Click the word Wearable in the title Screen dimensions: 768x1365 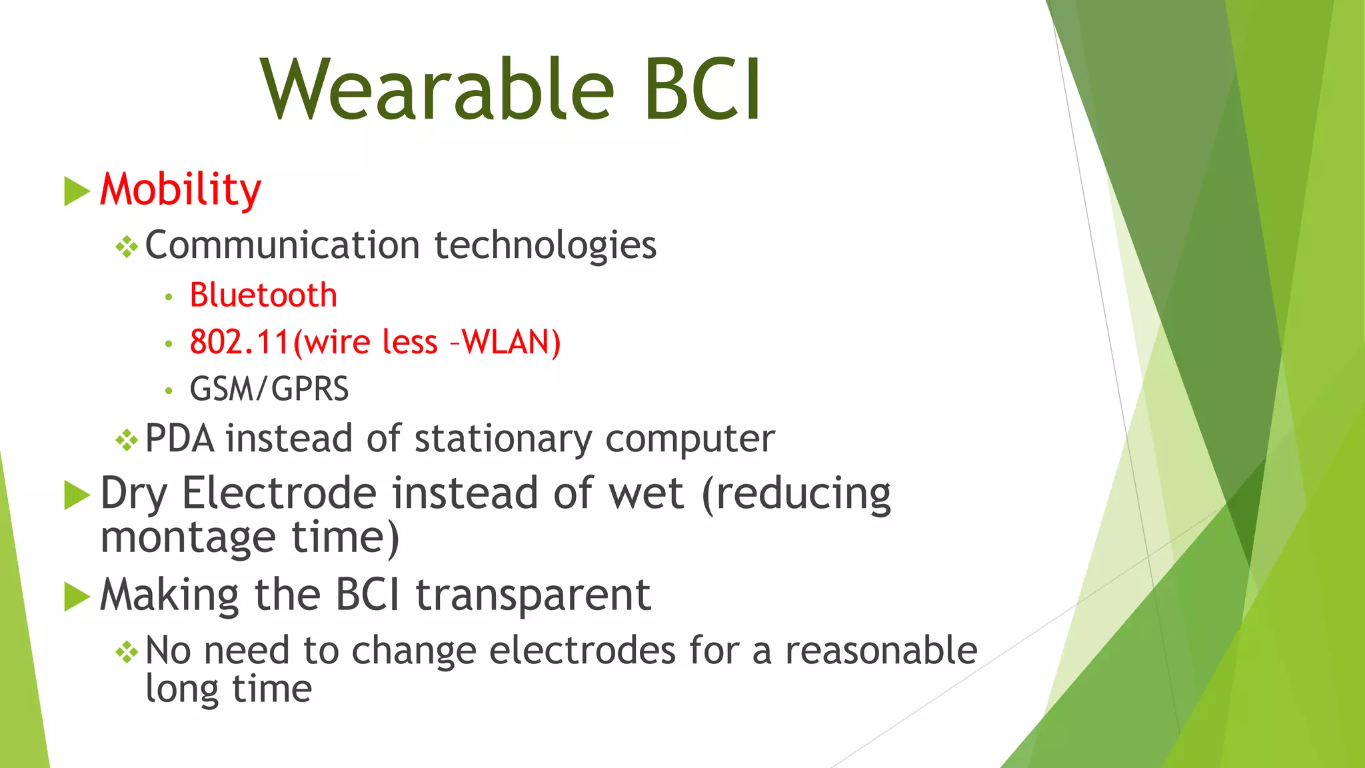tap(437, 90)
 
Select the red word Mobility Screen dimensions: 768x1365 tap(181, 190)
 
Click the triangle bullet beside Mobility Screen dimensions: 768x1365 tap(77, 191)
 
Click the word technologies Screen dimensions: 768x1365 tap(545, 246)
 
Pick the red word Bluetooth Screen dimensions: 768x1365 tap(263, 295)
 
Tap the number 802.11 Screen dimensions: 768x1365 tap(240, 342)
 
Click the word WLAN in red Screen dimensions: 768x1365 tap(511, 342)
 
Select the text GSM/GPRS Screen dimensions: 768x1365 tap(269, 389)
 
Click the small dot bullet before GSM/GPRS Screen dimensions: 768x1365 tap(169, 390)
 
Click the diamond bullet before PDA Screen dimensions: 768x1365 tap(127, 440)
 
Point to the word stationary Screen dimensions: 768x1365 tap(503, 440)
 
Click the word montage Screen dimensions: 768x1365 tap(188, 537)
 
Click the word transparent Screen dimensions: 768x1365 tap(533, 595)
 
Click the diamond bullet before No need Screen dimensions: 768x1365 tap(127, 652)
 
